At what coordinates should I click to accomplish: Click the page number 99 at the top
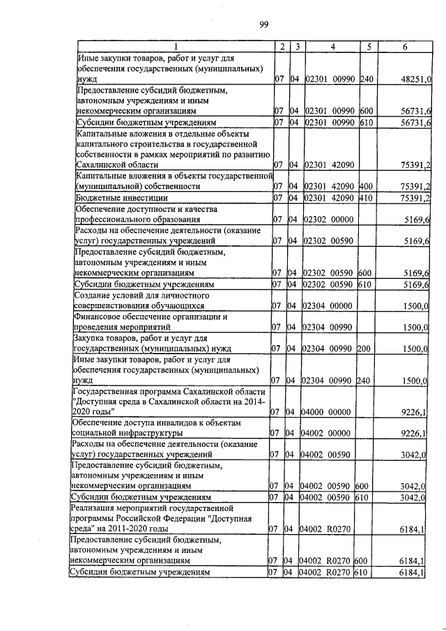click(x=264, y=26)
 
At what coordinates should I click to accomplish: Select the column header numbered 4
click(x=332, y=46)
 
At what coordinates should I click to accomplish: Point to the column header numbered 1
click(x=175, y=46)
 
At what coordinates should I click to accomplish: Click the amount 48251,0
click(x=416, y=80)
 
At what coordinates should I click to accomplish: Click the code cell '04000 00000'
click(x=328, y=413)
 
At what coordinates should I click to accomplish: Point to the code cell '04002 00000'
click(x=328, y=434)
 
